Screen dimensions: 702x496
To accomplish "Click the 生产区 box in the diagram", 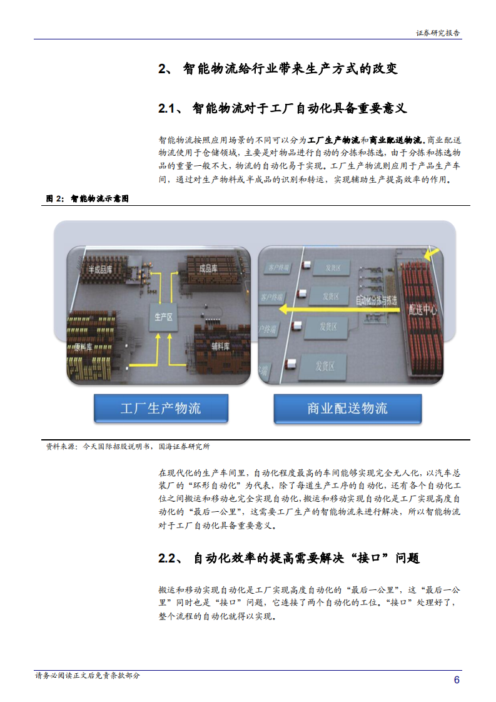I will coord(163,317).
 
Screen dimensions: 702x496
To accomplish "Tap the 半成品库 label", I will coord(100,270).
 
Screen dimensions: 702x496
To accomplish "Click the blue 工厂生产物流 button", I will coord(161,409).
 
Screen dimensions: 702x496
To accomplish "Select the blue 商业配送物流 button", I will coord(347,409).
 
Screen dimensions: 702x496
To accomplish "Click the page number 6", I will coord(457,680).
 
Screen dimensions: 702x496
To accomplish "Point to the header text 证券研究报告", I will coord(438,34).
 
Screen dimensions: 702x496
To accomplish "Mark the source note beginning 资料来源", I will coord(128,447).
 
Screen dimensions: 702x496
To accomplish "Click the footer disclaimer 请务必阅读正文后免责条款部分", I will coord(88,676).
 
